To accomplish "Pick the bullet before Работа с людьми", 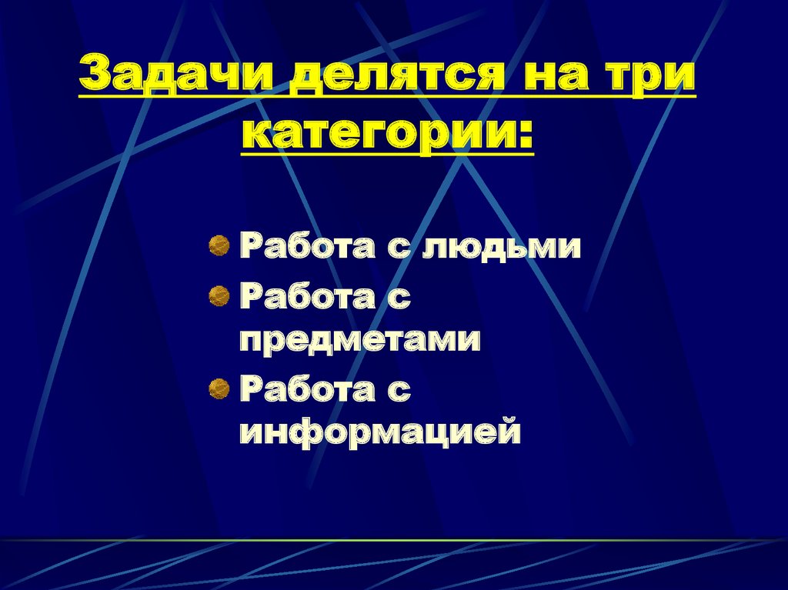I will click(220, 246).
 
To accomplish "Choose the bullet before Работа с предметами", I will click(220, 295).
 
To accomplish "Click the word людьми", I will click(504, 248).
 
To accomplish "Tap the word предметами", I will click(360, 340).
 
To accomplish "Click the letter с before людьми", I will click(402, 248).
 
